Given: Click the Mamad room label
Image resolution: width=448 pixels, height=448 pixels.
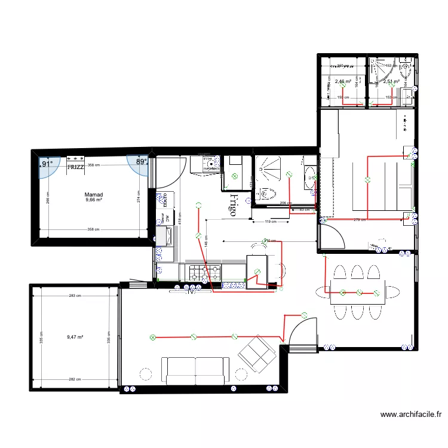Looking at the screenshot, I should pyautogui.click(x=94, y=195).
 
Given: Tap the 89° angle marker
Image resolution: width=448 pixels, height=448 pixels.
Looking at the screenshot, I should pyautogui.click(x=141, y=162).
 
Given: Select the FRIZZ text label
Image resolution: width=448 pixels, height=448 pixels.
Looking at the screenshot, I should pyautogui.click(x=75, y=167).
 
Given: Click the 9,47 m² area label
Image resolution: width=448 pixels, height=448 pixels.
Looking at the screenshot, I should pyautogui.click(x=75, y=337).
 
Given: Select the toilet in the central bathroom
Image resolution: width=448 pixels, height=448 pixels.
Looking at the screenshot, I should pyautogui.click(x=266, y=194).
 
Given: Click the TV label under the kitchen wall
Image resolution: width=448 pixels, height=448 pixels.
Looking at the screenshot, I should pyautogui.click(x=191, y=292).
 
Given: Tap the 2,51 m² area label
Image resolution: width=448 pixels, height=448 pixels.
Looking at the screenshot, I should pyautogui.click(x=391, y=82).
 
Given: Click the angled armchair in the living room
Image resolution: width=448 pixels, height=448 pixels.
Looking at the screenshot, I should pyautogui.click(x=257, y=351).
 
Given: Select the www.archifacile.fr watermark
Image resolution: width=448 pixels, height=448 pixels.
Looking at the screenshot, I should pyautogui.click(x=412, y=414).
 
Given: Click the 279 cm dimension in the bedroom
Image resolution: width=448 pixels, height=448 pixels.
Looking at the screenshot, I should pyautogui.click(x=360, y=220).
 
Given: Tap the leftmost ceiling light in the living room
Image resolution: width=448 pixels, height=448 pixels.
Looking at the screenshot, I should pyautogui.click(x=152, y=337).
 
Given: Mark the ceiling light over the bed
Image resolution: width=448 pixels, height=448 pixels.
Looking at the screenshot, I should pyautogui.click(x=368, y=179).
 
